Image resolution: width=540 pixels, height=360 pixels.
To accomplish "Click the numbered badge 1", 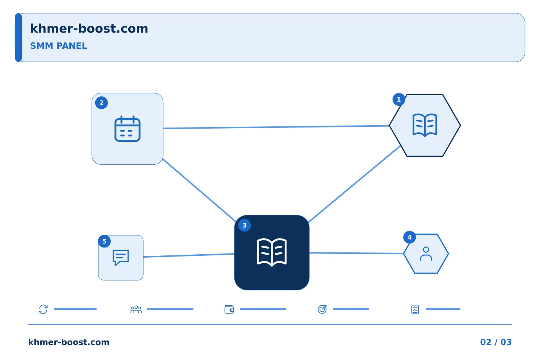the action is [x=399, y=99].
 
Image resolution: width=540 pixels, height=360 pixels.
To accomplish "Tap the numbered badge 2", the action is [x=102, y=103].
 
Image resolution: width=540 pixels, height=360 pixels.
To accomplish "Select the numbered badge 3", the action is [x=244, y=225].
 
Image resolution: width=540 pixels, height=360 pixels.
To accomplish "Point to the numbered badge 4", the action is [x=409, y=237].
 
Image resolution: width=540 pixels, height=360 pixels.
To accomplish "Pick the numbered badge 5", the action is [x=104, y=241].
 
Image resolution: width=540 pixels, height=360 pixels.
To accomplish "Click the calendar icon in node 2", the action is [x=127, y=129].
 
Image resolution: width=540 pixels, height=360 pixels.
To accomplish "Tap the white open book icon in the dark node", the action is [x=272, y=252].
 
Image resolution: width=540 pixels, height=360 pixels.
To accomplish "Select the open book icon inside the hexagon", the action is [x=425, y=125].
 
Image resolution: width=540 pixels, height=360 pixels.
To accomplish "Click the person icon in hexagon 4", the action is [x=426, y=253].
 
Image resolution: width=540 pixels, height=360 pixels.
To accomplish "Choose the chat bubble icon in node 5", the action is [x=121, y=258].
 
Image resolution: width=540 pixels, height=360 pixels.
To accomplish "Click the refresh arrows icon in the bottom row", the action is [x=43, y=309].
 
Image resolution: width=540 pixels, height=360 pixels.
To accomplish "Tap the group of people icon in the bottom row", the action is [x=136, y=309].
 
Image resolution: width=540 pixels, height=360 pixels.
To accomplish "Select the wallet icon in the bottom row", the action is [x=229, y=309].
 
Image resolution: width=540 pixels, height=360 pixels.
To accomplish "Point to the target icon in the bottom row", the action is [x=322, y=309].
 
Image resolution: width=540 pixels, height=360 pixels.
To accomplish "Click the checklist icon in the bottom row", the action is [x=415, y=309].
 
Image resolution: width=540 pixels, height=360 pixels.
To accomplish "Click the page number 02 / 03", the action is [x=496, y=342].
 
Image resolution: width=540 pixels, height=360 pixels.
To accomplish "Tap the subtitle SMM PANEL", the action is [x=58, y=46].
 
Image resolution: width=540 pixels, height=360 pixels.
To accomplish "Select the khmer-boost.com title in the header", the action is [x=89, y=28].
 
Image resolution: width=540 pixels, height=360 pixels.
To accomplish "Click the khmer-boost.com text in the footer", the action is [x=69, y=342].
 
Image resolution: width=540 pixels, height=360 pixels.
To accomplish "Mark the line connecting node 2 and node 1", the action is [x=276, y=127].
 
